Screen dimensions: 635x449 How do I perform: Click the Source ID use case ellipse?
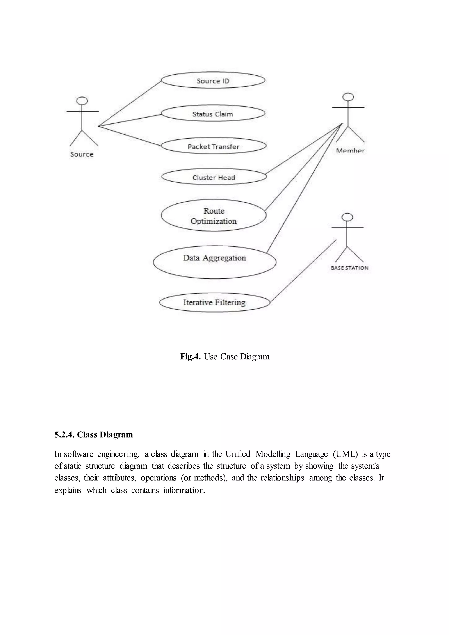pyautogui.click(x=213, y=80)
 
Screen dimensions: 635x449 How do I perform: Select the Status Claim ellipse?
pyautogui.click(x=213, y=113)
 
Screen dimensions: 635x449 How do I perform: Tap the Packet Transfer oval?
pyautogui.click(x=214, y=146)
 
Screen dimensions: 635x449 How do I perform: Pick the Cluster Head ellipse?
pyautogui.click(x=214, y=177)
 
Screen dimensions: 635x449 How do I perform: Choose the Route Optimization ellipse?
pyautogui.click(x=214, y=216)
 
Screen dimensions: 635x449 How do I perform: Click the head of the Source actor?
pyautogui.click(x=82, y=101)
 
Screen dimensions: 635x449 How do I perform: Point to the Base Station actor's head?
pyautogui.click(x=347, y=217)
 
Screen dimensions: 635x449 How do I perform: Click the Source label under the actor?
pyautogui.click(x=82, y=154)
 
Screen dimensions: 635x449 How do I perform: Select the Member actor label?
pyautogui.click(x=350, y=151)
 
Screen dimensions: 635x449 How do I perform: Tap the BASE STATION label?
pyautogui.click(x=350, y=268)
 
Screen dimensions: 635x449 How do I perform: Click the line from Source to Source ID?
pyautogui.click(x=130, y=103)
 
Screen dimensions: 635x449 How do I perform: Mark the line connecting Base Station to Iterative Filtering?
pyautogui.click(x=303, y=271)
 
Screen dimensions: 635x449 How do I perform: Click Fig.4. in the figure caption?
pyautogui.click(x=190, y=357)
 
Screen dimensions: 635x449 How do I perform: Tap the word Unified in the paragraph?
pyautogui.click(x=238, y=454)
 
